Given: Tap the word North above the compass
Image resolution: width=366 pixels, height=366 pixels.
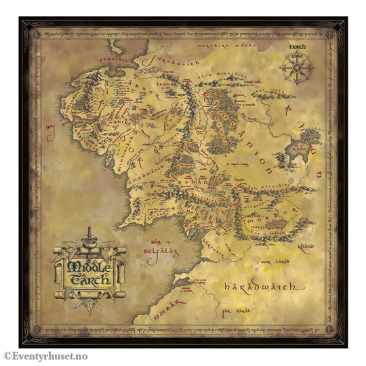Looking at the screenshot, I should [x=297, y=47].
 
